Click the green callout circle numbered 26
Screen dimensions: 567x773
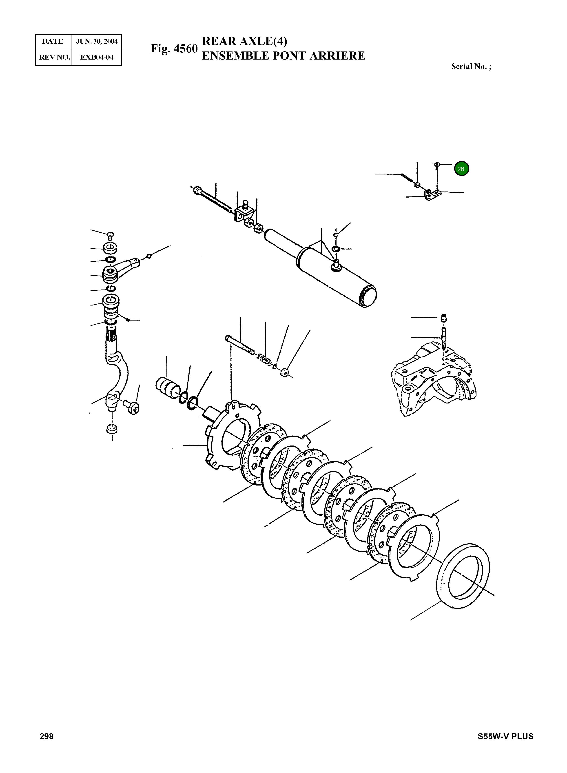point(461,169)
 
